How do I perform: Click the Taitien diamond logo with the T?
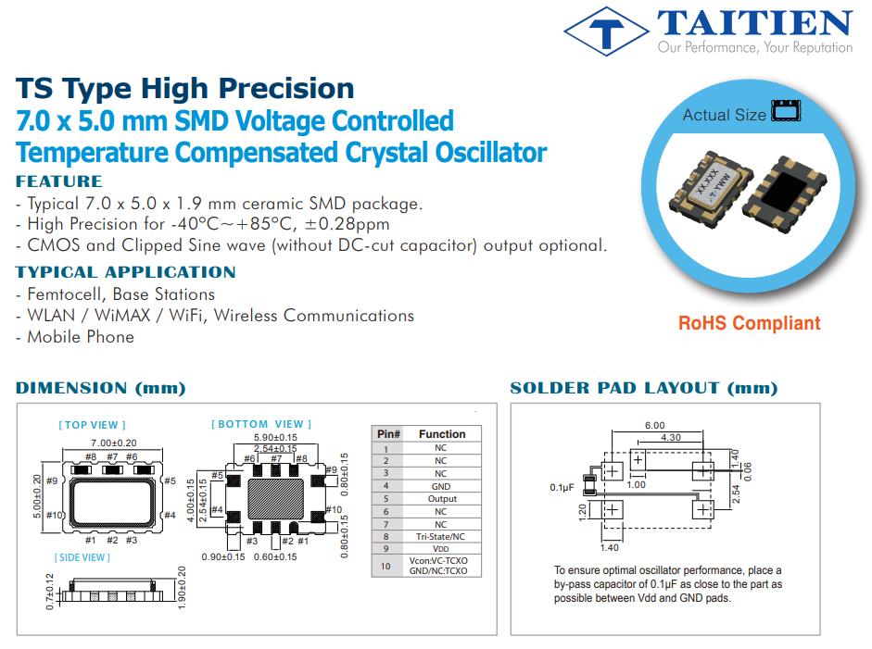(x=606, y=31)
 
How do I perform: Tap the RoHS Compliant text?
(x=749, y=323)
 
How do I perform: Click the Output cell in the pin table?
(x=442, y=498)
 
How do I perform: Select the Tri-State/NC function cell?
(x=440, y=536)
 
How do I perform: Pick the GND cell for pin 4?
(x=441, y=486)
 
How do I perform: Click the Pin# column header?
(x=388, y=434)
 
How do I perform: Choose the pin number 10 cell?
(x=385, y=566)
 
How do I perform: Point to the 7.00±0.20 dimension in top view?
(x=113, y=443)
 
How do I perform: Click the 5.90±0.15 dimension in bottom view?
(x=275, y=437)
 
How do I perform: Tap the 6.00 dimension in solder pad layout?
(x=654, y=425)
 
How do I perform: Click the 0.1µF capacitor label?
(x=562, y=487)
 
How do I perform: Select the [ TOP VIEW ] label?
(x=93, y=425)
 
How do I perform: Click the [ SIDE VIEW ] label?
(x=82, y=557)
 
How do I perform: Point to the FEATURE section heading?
(x=59, y=181)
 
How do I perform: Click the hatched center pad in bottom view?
(x=276, y=498)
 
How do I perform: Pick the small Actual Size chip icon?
(x=786, y=110)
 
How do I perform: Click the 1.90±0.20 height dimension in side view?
(x=182, y=588)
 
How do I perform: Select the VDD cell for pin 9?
(x=440, y=548)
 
